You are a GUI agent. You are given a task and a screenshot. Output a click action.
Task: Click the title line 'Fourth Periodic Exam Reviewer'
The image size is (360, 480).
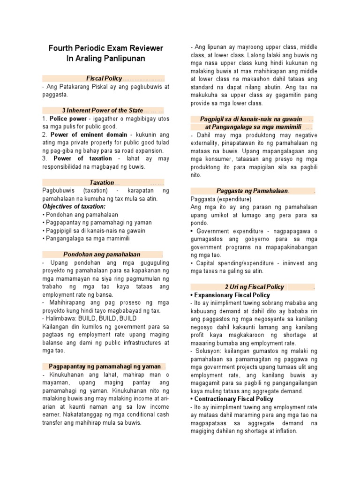coord(106,48)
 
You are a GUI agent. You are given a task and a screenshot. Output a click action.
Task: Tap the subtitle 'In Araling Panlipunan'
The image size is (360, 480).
coord(106,59)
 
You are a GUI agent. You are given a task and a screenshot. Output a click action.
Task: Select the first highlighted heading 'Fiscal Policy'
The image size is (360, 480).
coord(104,78)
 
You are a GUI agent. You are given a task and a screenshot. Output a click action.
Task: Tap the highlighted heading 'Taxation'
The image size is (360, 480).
coord(102,182)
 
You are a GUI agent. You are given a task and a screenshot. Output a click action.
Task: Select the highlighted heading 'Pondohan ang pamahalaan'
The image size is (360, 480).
coord(102,254)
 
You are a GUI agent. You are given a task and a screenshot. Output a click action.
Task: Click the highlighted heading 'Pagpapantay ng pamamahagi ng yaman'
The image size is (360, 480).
coord(105,366)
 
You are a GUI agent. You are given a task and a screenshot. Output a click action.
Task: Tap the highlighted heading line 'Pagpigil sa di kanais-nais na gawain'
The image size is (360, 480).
coord(251,119)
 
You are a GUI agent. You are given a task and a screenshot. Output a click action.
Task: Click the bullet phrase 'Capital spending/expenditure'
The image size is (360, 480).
coord(233,263)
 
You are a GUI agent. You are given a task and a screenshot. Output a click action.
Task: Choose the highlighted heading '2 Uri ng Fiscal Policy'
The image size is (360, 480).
coord(255,287)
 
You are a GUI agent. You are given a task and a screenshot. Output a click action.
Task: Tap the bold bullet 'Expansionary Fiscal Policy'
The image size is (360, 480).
coord(232,295)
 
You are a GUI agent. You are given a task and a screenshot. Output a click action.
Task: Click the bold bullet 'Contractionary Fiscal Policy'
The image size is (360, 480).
coord(234,399)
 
